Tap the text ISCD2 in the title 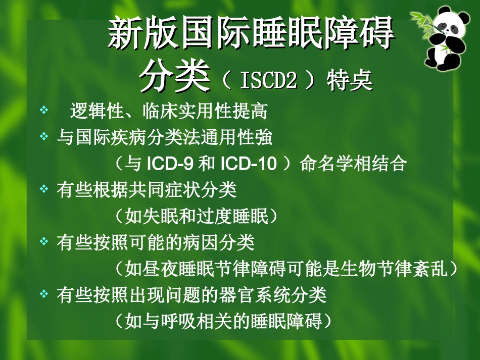268,81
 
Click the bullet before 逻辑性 44,110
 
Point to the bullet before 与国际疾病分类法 44,136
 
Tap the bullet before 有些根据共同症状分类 44,189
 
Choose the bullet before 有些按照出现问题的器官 44,294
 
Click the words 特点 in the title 350,81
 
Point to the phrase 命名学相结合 354,164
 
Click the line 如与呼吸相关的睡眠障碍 223,322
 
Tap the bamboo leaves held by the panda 422,20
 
